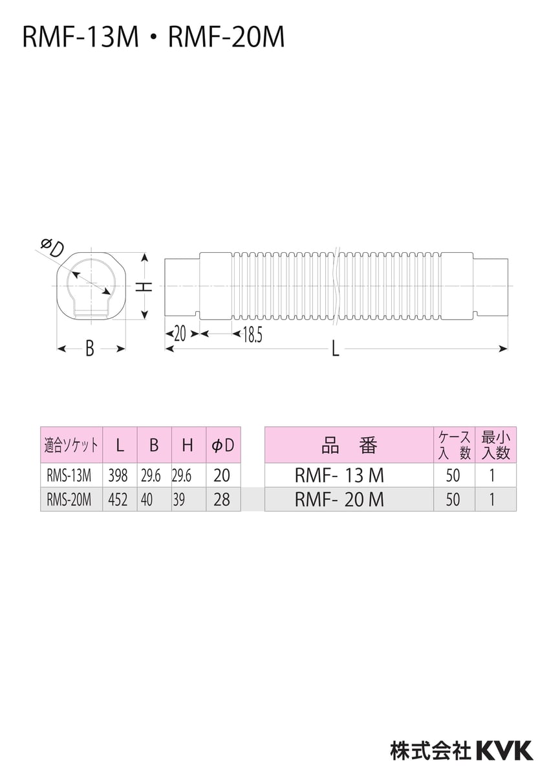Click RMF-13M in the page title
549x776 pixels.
(x=81, y=38)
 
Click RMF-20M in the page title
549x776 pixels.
(x=226, y=38)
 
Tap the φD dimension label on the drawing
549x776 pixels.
(x=50, y=248)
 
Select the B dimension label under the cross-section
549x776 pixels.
(x=90, y=349)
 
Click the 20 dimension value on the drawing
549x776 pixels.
(x=180, y=334)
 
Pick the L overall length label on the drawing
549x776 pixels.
(x=335, y=349)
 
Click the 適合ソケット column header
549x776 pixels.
(x=71, y=445)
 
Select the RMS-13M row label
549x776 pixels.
(x=69, y=476)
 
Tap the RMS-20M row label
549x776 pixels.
(x=69, y=500)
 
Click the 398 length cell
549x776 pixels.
(x=118, y=476)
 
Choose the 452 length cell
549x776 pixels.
(x=118, y=500)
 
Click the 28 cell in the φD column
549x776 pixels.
(x=222, y=500)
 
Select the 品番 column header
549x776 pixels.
(x=349, y=445)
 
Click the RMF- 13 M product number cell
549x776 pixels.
(x=339, y=476)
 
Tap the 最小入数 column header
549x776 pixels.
(x=495, y=445)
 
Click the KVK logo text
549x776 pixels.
(x=504, y=750)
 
